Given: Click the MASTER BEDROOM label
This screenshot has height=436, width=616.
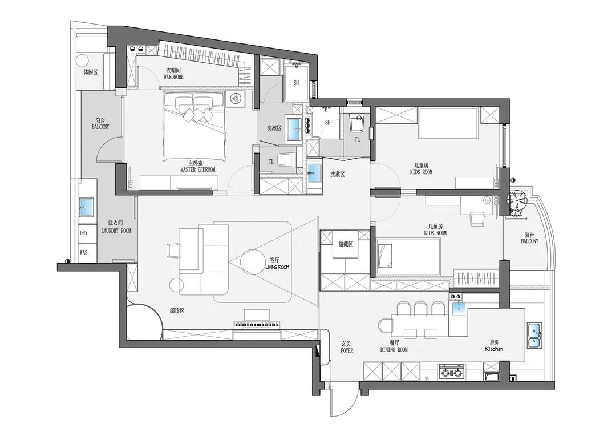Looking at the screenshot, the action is (x=197, y=170).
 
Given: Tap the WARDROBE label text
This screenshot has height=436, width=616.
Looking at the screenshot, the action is (x=173, y=77).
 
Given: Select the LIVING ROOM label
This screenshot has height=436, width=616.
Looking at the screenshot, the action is (x=277, y=267).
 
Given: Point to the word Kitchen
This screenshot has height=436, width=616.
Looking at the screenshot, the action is (x=494, y=349).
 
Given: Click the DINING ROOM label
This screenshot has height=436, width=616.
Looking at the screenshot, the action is (x=394, y=349).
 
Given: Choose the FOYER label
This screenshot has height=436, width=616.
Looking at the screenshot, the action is (x=347, y=350).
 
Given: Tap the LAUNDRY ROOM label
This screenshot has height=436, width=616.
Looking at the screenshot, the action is (x=116, y=231).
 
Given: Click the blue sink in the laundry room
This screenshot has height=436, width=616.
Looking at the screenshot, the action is (x=86, y=207).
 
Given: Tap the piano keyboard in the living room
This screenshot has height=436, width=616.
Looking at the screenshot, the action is (x=257, y=324).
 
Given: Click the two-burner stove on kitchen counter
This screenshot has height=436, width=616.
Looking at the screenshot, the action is (x=451, y=372).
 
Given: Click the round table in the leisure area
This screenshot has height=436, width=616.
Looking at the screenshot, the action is (x=83, y=60).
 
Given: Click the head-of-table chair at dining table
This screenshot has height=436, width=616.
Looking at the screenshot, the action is (x=386, y=325).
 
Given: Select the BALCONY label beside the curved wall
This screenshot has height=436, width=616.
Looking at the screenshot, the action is (x=529, y=241).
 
